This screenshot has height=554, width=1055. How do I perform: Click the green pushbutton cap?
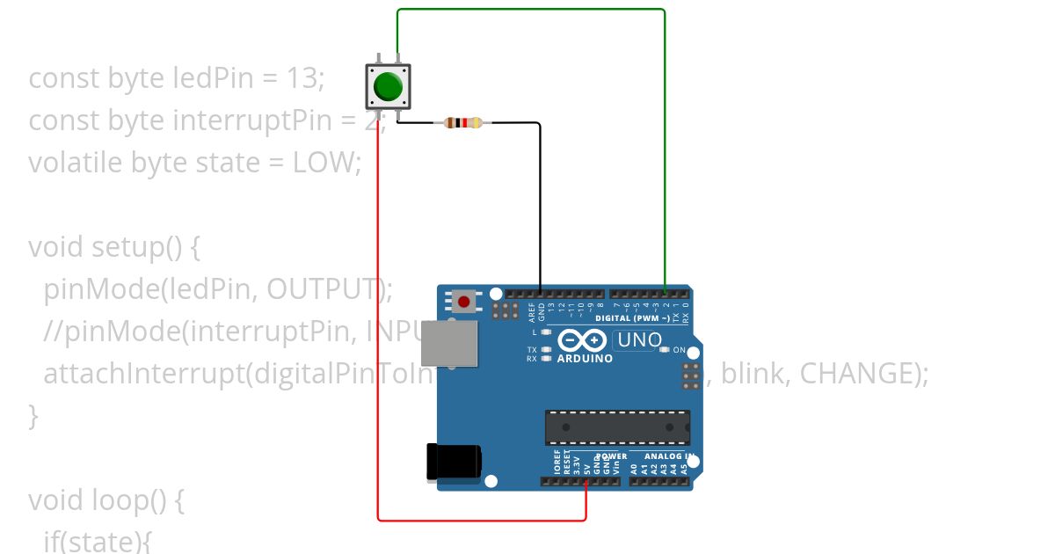(x=388, y=86)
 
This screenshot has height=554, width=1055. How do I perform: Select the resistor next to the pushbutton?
(x=462, y=123)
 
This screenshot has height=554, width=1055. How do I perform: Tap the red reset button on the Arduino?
(x=463, y=303)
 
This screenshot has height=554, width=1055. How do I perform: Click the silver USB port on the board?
(x=450, y=343)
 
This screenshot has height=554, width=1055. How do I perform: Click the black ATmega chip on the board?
(x=617, y=427)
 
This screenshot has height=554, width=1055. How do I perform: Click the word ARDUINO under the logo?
(x=585, y=359)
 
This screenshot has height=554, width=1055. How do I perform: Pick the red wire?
(x=378, y=352)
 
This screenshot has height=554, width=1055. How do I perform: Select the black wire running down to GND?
(x=540, y=202)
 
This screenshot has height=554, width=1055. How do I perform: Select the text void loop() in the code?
(x=105, y=500)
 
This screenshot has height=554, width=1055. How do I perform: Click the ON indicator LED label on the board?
(x=679, y=350)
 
